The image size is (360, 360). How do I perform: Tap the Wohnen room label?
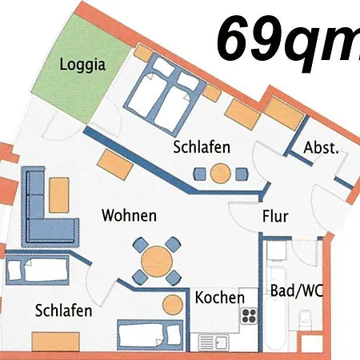point(128,216)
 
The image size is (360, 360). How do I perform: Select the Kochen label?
point(220,298)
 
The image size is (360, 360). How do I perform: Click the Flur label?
point(275,216)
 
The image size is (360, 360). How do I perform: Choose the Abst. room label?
point(322,148)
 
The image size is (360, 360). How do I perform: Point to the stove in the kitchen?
point(249,314)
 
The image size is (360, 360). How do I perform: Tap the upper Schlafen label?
point(202,147)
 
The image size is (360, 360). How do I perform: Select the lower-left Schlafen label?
point(63,310)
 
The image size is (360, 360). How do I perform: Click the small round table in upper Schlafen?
point(221,171)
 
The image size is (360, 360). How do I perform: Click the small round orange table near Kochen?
point(172,303)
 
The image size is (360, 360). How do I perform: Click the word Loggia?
point(83,66)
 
